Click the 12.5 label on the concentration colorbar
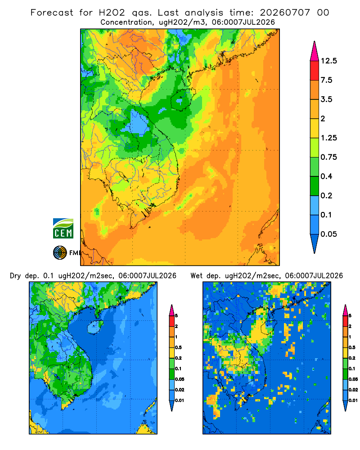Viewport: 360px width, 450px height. click(x=328, y=61)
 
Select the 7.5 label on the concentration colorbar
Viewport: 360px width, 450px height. click(x=326, y=80)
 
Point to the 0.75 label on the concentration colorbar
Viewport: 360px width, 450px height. click(x=328, y=157)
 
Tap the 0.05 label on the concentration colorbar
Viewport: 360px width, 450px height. click(x=328, y=234)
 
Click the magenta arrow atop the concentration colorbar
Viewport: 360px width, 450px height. click(x=315, y=52)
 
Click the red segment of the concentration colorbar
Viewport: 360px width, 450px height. click(x=315, y=71)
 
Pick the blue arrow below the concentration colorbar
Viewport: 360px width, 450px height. click(x=315, y=243)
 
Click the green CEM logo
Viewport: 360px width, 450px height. click(x=63, y=229)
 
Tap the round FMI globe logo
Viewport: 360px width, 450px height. click(x=60, y=253)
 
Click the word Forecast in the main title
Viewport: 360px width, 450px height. click(x=52, y=13)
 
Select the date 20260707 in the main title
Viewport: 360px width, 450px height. click(x=285, y=13)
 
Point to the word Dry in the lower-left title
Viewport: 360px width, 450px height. click(x=15, y=276)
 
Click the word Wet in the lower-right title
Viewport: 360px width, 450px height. click(x=197, y=276)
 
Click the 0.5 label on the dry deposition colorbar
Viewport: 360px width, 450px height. click(x=178, y=347)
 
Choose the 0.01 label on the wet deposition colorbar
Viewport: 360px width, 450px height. click(x=353, y=400)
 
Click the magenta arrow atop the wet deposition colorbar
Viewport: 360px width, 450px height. click(x=345, y=310)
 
